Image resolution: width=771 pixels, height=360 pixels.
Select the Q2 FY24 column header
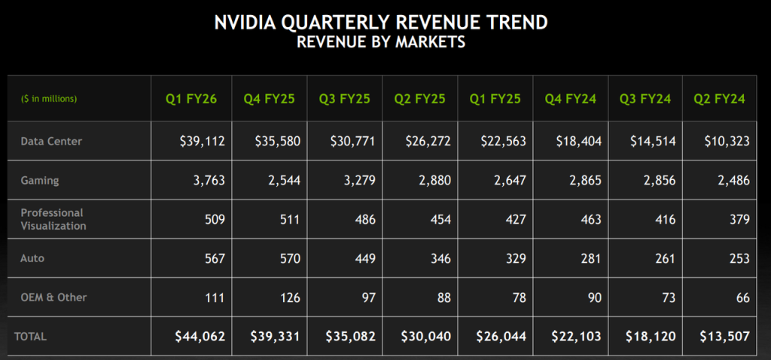(x=720, y=99)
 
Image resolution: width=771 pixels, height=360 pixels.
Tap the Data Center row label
(x=51, y=141)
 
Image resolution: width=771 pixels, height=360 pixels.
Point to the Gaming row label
(x=40, y=181)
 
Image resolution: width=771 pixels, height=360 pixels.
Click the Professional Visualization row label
(x=53, y=219)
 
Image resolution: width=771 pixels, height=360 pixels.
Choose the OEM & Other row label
(x=53, y=297)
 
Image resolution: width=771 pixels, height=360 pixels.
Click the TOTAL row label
(x=34, y=337)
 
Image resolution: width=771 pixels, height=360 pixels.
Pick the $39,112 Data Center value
(x=200, y=142)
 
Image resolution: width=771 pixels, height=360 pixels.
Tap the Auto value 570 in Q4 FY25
(x=289, y=258)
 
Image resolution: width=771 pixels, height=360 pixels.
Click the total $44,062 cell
(x=200, y=337)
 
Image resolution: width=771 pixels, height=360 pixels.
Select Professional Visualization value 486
(x=364, y=220)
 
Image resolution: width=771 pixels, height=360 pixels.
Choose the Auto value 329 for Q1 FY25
(x=514, y=258)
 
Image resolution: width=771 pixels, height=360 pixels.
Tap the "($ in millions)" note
(x=49, y=99)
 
